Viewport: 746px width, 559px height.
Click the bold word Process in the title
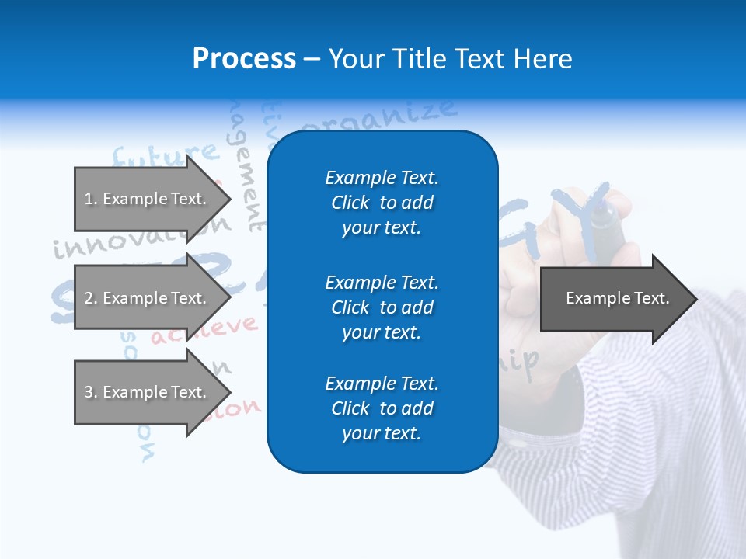tap(244, 59)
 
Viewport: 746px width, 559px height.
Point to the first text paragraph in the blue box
tap(382, 203)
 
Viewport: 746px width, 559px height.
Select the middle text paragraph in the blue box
tap(382, 307)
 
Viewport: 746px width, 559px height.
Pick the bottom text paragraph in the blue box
tap(382, 408)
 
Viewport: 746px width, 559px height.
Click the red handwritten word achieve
tap(204, 331)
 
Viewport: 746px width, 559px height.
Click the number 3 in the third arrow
tap(88, 392)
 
